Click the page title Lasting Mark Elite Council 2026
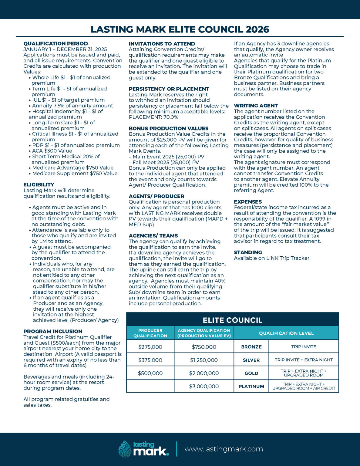coord(180,29)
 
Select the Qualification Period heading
coord(56,44)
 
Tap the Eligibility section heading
coord(39,185)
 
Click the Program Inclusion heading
coord(53,332)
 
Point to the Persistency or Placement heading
coord(169,89)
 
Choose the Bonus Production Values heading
coord(168,129)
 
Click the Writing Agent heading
coord(256,106)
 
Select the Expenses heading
coord(248,202)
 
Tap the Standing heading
coord(248,252)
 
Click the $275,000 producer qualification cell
coord(150,347)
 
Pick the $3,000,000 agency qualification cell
coord(204,387)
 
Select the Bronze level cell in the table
coord(251,347)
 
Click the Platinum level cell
coord(251,387)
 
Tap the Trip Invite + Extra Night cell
coord(304,360)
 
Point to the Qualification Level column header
coord(286,333)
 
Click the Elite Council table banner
coord(232,320)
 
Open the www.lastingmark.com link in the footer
coord(224,449)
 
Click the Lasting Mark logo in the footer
coord(143,449)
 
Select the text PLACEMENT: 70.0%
coord(153,117)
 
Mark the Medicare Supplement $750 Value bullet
coord(75,174)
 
